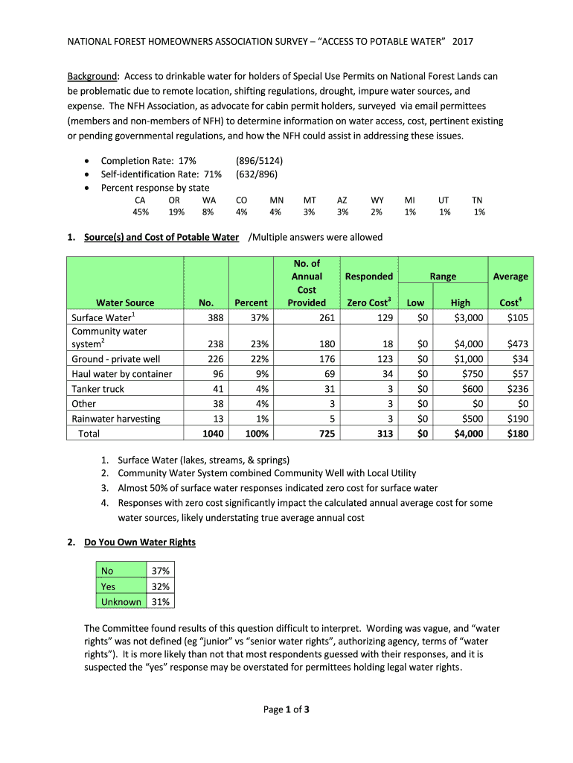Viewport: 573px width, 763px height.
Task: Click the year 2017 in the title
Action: pyautogui.click(x=462, y=41)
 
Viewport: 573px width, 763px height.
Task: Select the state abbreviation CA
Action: pyautogui.click(x=140, y=200)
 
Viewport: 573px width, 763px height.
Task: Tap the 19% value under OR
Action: pyautogui.click(x=176, y=212)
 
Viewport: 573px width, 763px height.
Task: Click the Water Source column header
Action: pyautogui.click(x=125, y=303)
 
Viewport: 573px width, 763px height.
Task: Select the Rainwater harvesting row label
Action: pyautogui.click(x=116, y=418)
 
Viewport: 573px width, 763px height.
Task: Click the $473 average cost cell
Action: pyautogui.click(x=516, y=343)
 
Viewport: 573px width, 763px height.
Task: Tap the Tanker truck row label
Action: pyautogui.click(x=98, y=388)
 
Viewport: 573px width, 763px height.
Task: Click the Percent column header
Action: pyautogui.click(x=251, y=303)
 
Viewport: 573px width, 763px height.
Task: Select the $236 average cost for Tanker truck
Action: pyautogui.click(x=516, y=388)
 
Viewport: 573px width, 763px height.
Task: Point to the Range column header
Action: pyautogui.click(x=443, y=276)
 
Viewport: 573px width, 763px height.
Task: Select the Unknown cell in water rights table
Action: pyautogui.click(x=121, y=601)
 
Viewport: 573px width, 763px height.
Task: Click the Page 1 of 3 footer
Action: pyautogui.click(x=286, y=709)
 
